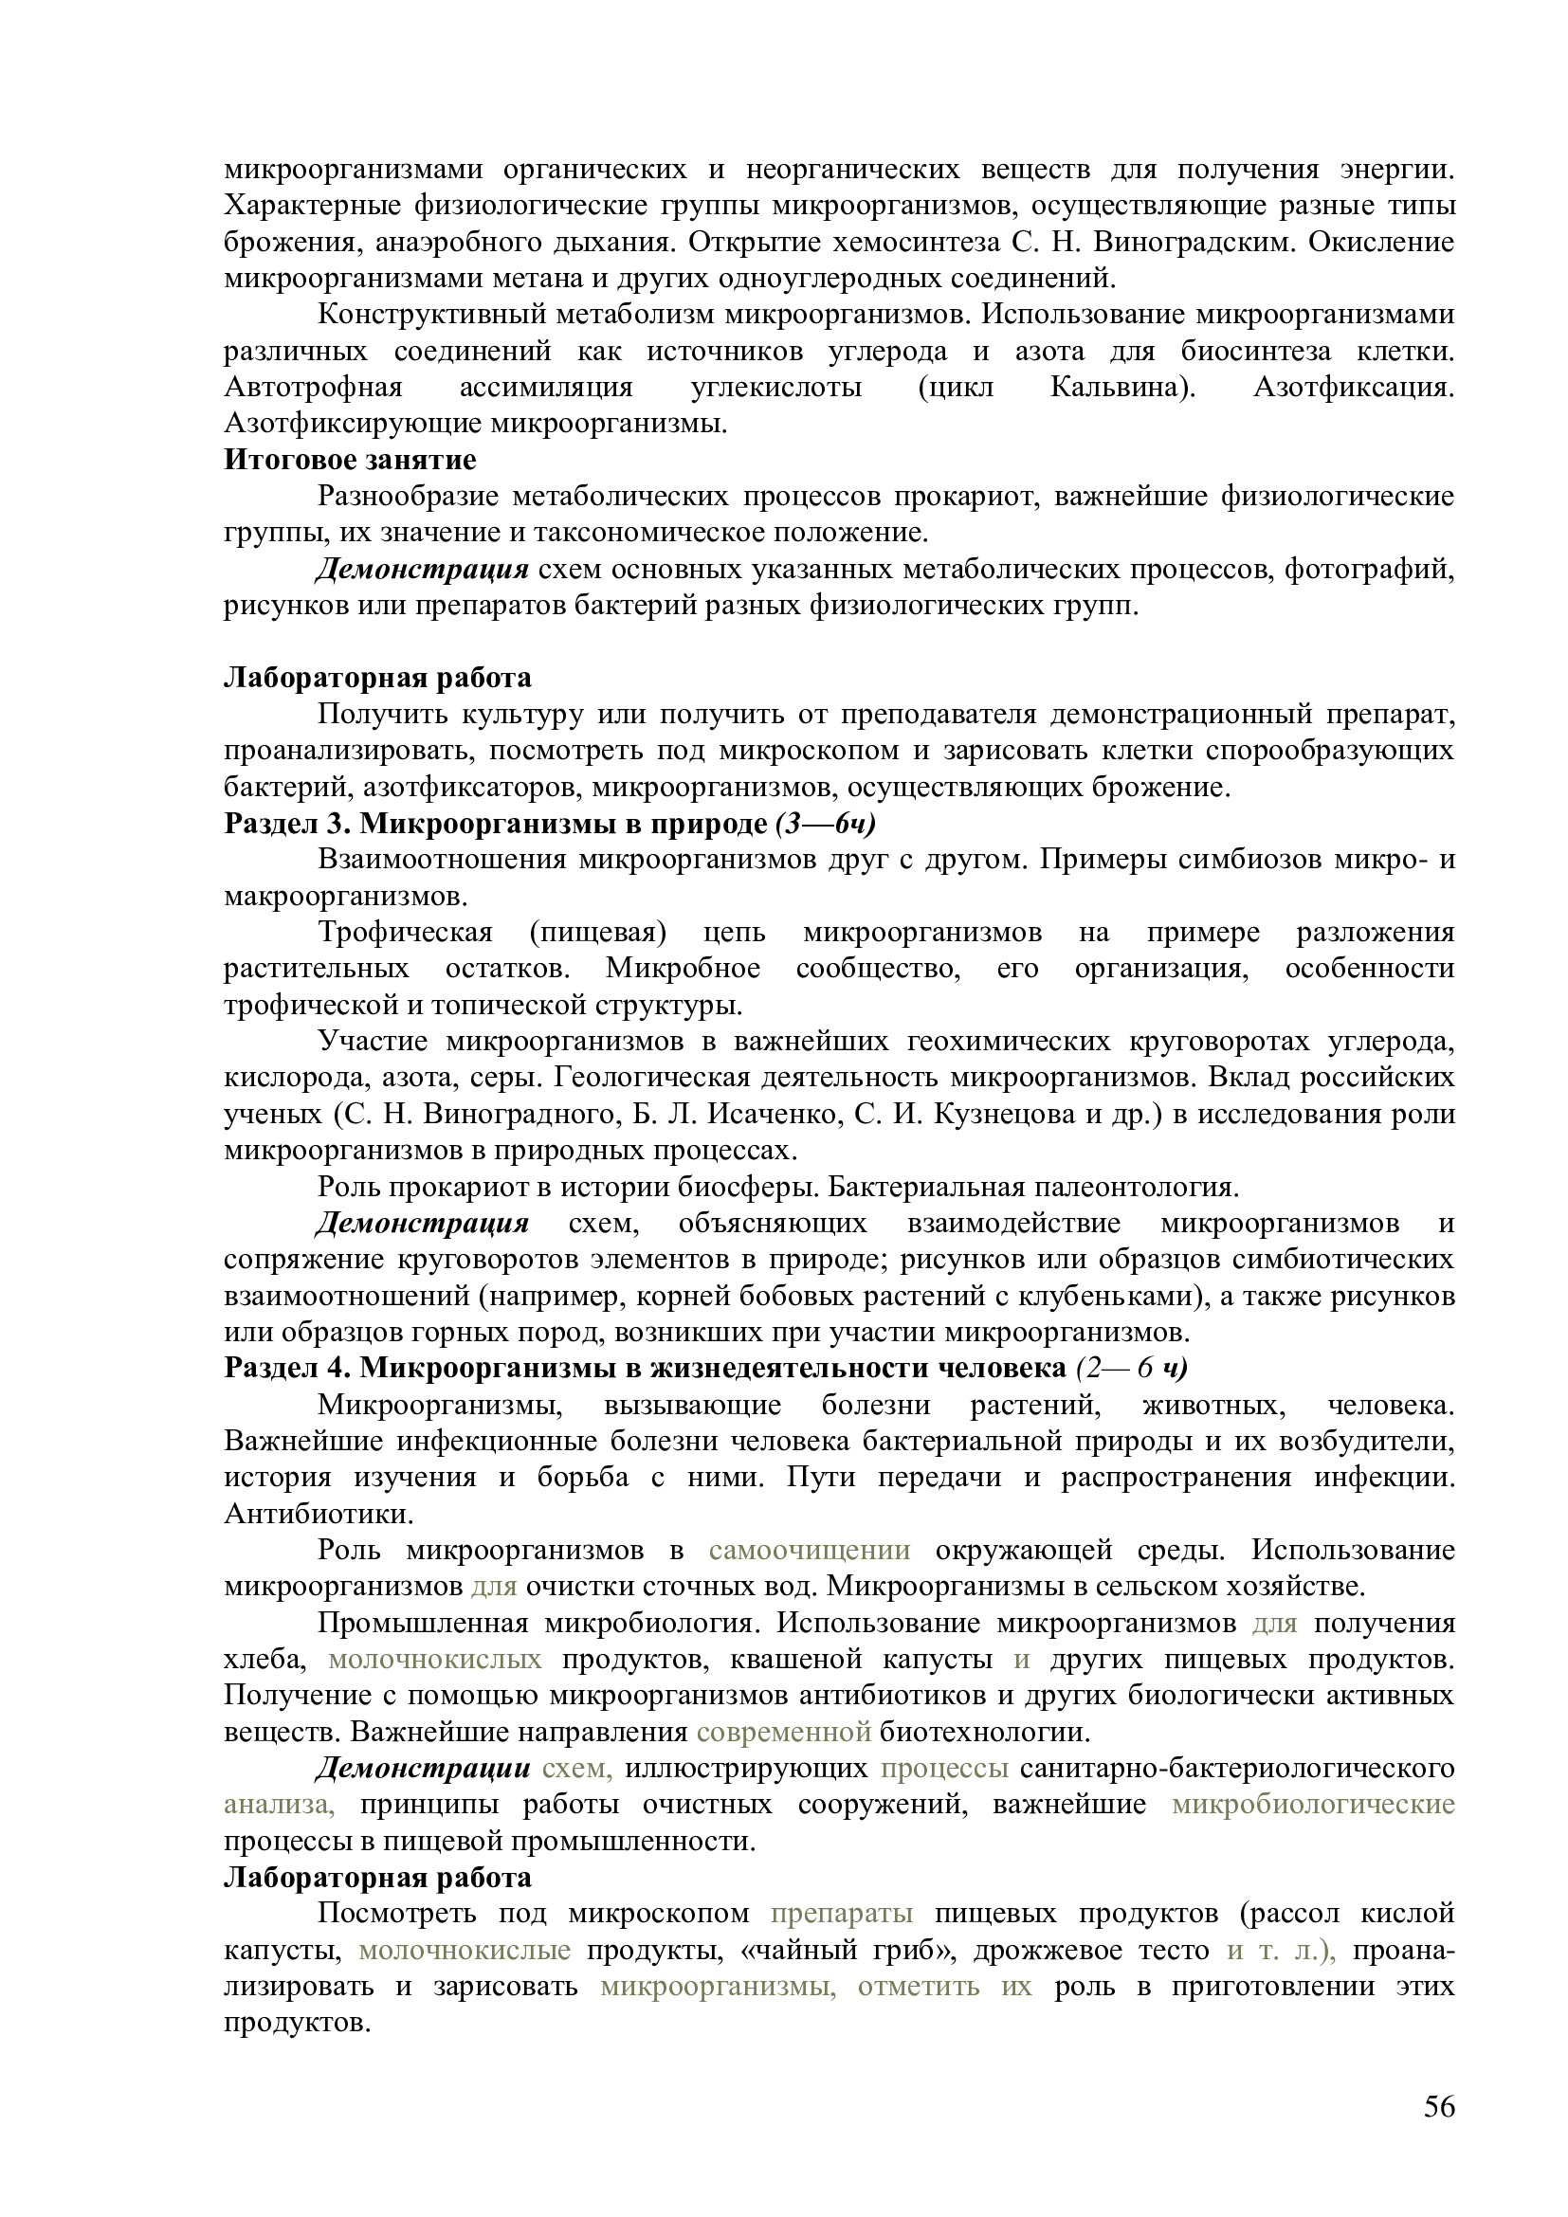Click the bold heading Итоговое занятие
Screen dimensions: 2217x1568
click(x=350, y=460)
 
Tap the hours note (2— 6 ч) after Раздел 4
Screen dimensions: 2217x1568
click(x=1132, y=1369)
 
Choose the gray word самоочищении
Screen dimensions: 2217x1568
click(x=809, y=1550)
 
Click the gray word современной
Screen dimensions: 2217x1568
click(x=784, y=1732)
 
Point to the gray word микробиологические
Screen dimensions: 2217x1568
click(x=1313, y=1804)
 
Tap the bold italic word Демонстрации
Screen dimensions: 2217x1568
click(x=423, y=1768)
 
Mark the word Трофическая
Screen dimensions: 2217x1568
click(x=406, y=933)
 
